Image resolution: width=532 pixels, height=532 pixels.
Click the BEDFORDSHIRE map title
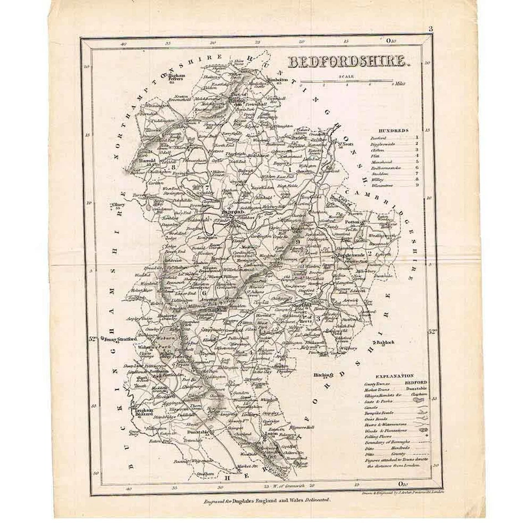point(347,62)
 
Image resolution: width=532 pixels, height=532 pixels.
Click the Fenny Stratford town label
point(118,340)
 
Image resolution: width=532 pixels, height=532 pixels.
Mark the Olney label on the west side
point(119,205)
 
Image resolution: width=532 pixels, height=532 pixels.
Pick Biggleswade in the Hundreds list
point(382,144)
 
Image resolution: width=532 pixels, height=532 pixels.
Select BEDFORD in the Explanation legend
point(416,382)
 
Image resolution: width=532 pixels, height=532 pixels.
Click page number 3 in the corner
point(430,29)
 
